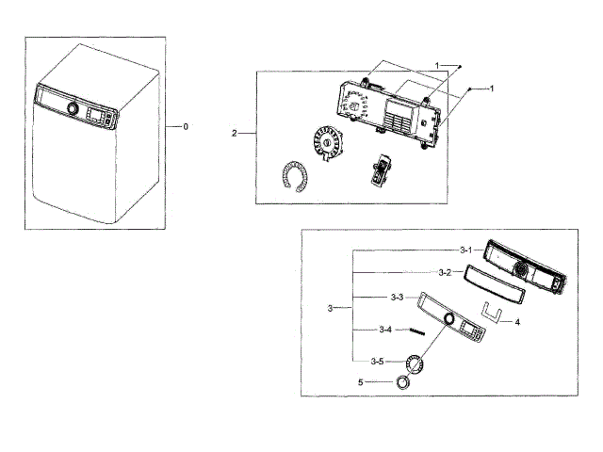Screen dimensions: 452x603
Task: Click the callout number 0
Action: click(186, 126)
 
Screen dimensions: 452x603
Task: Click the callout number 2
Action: click(234, 134)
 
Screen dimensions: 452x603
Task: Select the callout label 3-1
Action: click(466, 250)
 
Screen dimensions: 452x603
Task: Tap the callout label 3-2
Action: click(444, 272)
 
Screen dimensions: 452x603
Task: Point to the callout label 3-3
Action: click(397, 298)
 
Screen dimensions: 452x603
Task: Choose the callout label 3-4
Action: click(385, 330)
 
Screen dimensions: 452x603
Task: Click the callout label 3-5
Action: click(377, 361)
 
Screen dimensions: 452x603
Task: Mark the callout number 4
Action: click(517, 321)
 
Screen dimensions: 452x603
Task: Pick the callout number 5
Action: click(360, 381)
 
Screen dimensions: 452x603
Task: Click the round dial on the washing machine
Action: click(72, 108)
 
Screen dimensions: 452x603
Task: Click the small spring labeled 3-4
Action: click(418, 330)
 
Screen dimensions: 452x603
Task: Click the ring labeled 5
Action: click(403, 382)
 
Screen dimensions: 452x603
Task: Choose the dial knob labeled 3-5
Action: click(415, 364)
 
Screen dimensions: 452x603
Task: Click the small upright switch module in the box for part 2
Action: click(383, 170)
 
